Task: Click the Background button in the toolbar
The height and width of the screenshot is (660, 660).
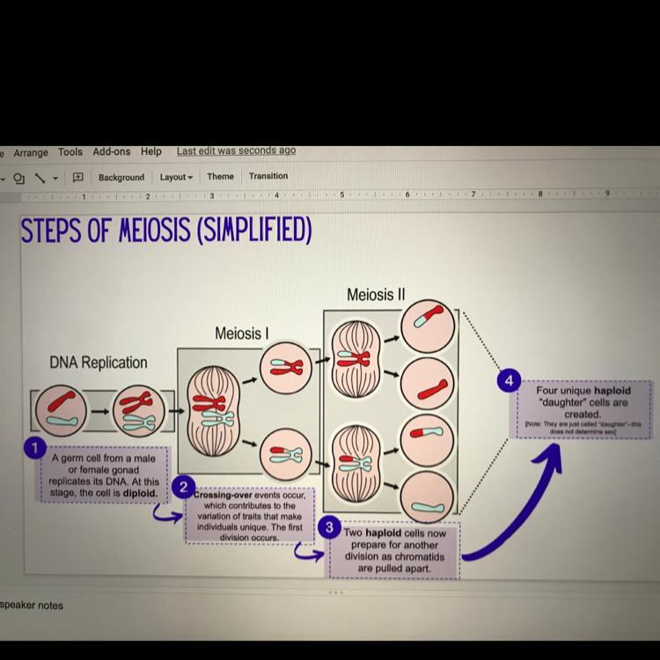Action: (x=121, y=177)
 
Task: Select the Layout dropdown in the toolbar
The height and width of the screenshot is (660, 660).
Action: (x=175, y=177)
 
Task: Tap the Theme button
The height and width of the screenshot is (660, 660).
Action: (x=220, y=176)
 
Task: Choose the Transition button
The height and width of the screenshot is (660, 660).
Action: (x=268, y=176)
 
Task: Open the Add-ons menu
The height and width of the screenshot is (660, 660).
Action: (x=111, y=151)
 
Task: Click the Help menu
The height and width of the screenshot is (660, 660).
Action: (x=151, y=151)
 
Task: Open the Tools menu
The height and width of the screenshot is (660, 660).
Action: (x=70, y=152)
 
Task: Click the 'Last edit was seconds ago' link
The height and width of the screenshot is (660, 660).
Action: (x=236, y=150)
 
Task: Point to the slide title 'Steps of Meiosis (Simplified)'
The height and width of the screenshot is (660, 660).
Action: (x=166, y=231)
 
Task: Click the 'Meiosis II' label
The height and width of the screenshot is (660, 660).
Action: (x=376, y=294)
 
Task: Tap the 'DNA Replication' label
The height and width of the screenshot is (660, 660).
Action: (x=99, y=362)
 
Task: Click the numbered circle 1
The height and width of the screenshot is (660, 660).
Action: (x=34, y=448)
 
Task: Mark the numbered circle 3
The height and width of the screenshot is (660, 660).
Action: (x=329, y=527)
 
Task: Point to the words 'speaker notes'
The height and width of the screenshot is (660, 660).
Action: (x=32, y=605)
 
